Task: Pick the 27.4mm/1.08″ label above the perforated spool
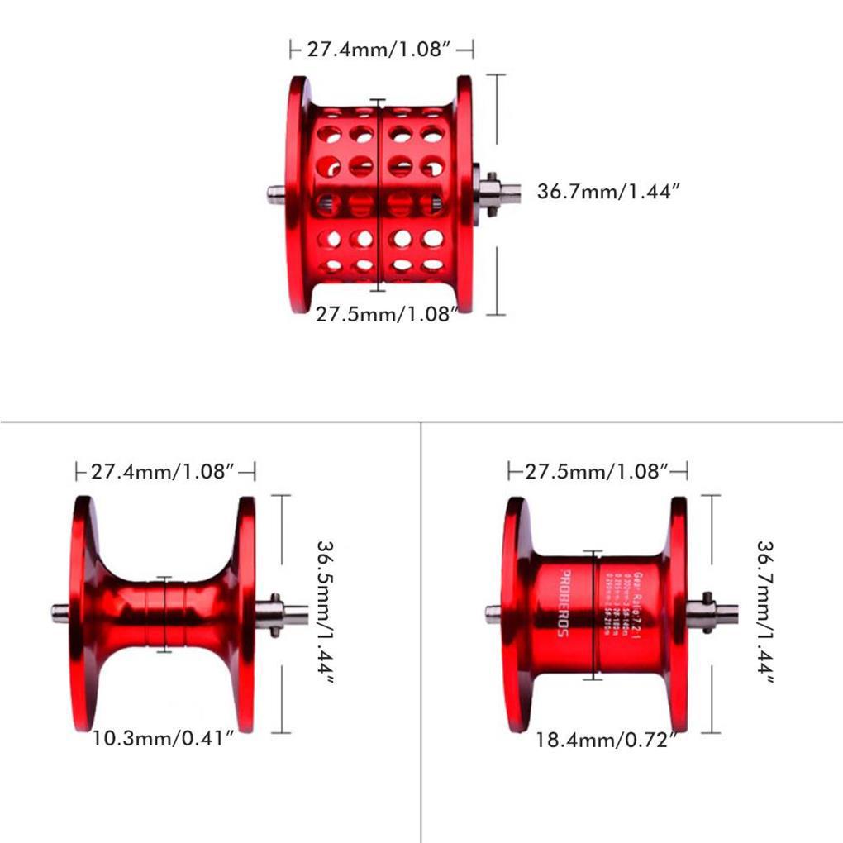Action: point(381,50)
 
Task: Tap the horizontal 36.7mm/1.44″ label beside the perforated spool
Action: point(608,192)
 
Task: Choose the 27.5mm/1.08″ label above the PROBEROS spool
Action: point(597,472)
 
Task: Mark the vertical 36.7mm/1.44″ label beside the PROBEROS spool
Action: point(764,613)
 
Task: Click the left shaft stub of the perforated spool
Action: point(276,194)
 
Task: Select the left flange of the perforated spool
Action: point(297,194)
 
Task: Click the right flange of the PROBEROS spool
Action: point(678,613)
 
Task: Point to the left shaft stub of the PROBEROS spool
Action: point(493,613)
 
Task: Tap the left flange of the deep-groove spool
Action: point(81,613)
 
